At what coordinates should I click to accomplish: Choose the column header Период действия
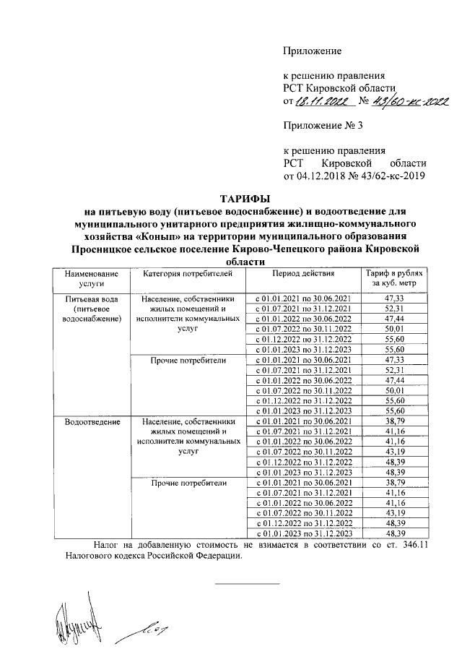(303, 275)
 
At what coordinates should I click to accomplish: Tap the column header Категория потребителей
(188, 275)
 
